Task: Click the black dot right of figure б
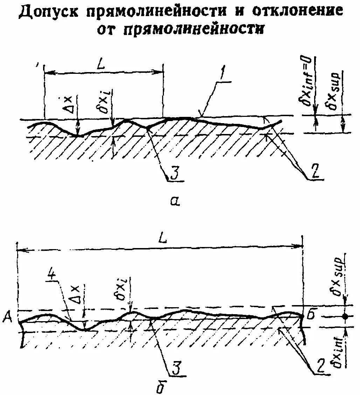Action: click(x=345, y=316)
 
